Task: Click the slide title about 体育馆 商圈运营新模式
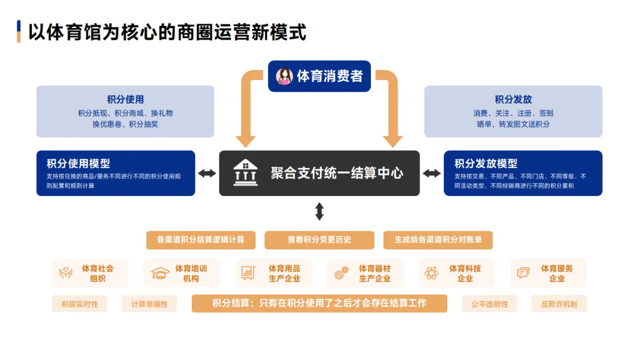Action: [167, 32]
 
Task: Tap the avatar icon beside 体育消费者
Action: [285, 76]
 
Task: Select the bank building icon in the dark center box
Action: [245, 173]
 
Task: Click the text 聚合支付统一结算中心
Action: [337, 173]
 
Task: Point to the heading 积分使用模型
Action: [79, 163]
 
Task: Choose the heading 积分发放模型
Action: [486, 163]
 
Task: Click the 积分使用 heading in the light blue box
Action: [125, 99]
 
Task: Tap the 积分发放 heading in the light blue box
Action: [514, 99]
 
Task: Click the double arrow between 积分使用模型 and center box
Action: [207, 173]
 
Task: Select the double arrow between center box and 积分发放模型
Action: [431, 173]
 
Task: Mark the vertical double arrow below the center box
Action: [319, 211]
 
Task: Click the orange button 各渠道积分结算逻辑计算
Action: [201, 240]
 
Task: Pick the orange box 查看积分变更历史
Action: [319, 240]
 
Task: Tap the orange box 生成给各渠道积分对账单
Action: [438, 240]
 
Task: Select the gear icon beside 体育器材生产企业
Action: [341, 274]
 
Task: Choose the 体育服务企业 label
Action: [557, 274]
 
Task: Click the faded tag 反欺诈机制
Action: [559, 304]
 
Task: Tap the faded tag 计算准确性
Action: [149, 304]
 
